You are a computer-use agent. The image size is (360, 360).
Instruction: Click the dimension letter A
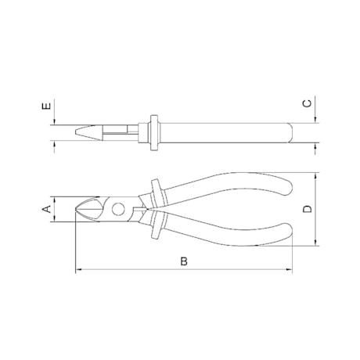click(x=47, y=209)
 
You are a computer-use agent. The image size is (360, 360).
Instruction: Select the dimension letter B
click(x=184, y=261)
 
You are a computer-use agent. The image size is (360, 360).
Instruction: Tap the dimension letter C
click(x=307, y=103)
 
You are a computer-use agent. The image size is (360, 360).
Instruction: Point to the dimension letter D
click(x=308, y=209)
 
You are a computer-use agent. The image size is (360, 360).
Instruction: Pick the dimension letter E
click(x=47, y=106)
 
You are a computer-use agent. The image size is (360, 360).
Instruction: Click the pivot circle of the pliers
click(x=118, y=209)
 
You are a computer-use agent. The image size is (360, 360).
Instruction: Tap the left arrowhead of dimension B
click(x=78, y=269)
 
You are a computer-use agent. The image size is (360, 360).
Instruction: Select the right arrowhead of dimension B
click(x=289, y=269)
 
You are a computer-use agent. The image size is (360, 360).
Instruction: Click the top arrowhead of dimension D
click(x=315, y=176)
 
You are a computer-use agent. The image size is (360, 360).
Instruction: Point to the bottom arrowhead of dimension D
click(x=315, y=243)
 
